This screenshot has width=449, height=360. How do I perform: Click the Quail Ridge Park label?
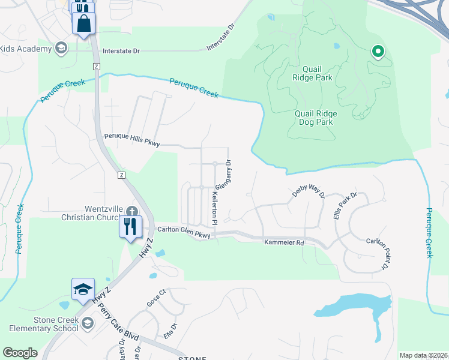312,72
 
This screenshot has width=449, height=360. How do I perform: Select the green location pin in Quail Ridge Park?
378,53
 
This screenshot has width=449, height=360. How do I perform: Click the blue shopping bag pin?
84,24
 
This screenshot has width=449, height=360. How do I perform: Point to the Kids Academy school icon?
60,48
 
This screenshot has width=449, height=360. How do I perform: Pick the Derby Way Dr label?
308,191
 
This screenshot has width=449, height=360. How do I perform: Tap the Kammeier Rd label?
285,242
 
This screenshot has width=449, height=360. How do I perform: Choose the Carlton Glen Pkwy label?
184,233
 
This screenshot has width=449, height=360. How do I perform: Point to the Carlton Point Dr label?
378,253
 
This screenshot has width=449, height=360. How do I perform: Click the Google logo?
20,353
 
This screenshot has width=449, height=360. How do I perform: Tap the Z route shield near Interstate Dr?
96,66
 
